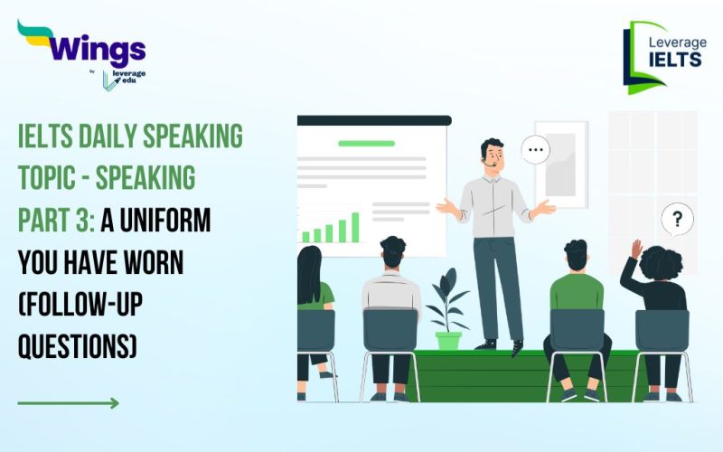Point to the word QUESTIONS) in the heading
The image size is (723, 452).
(x=77, y=346)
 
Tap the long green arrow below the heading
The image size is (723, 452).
(x=68, y=403)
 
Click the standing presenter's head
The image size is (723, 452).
(x=493, y=155)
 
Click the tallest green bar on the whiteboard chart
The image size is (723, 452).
(x=354, y=227)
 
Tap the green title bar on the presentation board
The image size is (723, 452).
(x=366, y=143)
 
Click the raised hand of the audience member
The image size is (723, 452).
(x=637, y=249)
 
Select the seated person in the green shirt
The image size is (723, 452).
(x=576, y=294)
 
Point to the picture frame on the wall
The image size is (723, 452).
(x=560, y=163)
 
